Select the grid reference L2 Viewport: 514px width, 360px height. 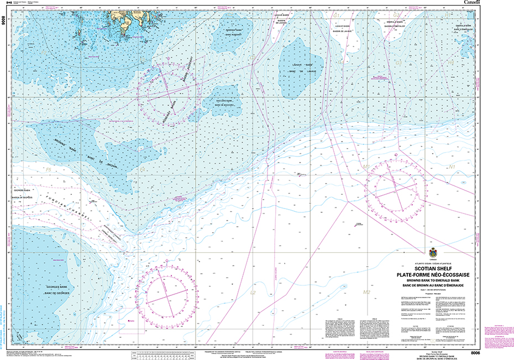point(253,292)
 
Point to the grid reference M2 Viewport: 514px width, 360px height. point(366,291)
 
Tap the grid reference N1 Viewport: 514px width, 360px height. point(452,166)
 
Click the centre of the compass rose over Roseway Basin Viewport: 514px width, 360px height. point(169,92)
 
